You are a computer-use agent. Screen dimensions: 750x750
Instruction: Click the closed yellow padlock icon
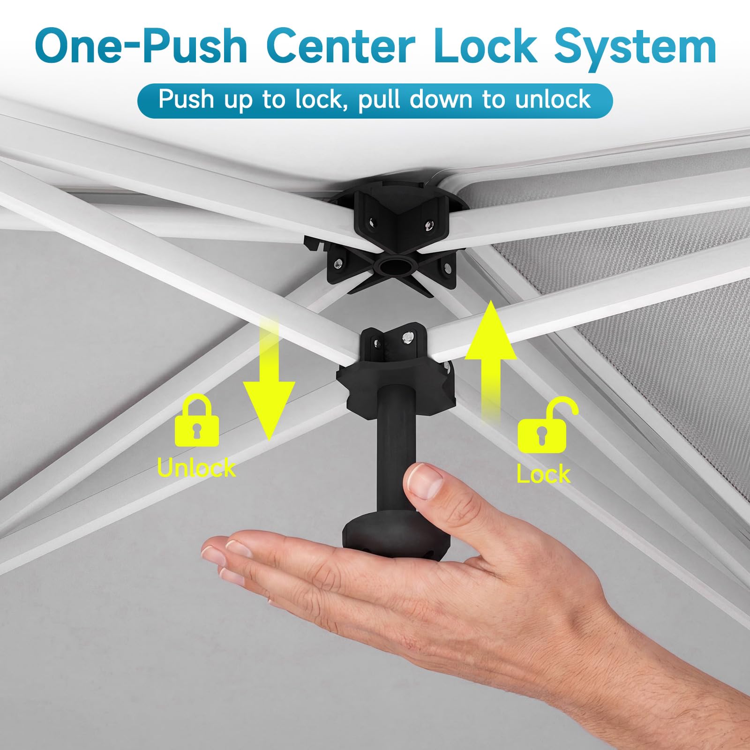click(x=197, y=420)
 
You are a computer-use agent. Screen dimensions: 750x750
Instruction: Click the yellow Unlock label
click(x=196, y=467)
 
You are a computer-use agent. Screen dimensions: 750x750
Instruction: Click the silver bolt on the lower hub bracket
click(x=409, y=337)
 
